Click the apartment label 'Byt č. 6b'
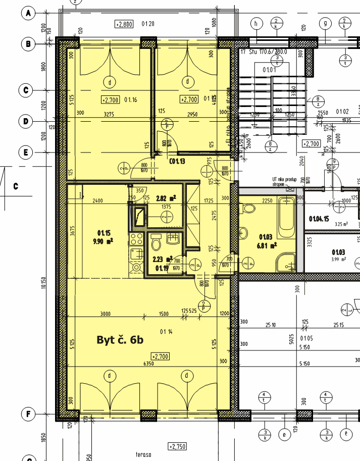pos(120,340)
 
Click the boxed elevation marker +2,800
pos(124,24)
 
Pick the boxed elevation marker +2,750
pos(177,446)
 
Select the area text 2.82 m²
pos(166,198)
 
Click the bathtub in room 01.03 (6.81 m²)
pos(287,218)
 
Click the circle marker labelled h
pos(257,23)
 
